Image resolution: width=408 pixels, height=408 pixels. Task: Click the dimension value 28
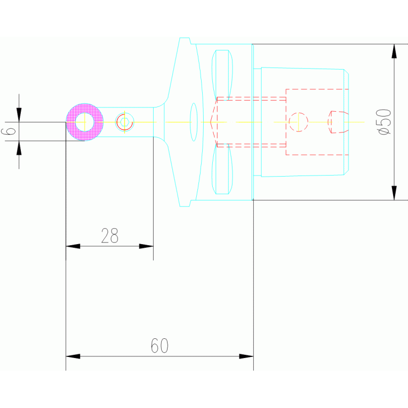pyautogui.click(x=110, y=236)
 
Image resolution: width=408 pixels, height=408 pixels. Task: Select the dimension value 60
pyautogui.click(x=160, y=346)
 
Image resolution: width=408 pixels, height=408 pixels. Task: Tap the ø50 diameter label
pyautogui.click(x=384, y=121)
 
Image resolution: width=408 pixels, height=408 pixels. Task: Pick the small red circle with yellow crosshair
pyautogui.click(x=124, y=122)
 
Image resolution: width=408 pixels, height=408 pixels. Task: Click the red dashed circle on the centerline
pyautogui.click(x=298, y=122)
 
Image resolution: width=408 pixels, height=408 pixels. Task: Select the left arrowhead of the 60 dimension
pyautogui.click(x=72, y=356)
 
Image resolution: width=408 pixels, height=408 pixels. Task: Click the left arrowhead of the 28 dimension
pyautogui.click(x=72, y=246)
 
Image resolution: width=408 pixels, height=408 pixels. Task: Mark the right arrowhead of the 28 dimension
pyautogui.click(x=146, y=246)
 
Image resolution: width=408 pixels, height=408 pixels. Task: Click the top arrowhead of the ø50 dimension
pyautogui.click(x=394, y=51)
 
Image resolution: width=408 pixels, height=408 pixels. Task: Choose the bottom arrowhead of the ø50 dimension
pyautogui.click(x=394, y=193)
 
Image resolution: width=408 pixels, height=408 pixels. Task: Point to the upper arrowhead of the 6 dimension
pyautogui.click(x=19, y=115)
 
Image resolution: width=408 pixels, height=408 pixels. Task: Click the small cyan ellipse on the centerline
pyautogui.click(x=194, y=122)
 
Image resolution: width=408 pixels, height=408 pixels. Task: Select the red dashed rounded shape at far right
pyautogui.click(x=338, y=122)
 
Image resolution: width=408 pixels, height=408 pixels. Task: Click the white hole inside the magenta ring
pyautogui.click(x=85, y=122)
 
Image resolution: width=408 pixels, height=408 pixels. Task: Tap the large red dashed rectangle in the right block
pyautogui.click(x=317, y=89)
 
